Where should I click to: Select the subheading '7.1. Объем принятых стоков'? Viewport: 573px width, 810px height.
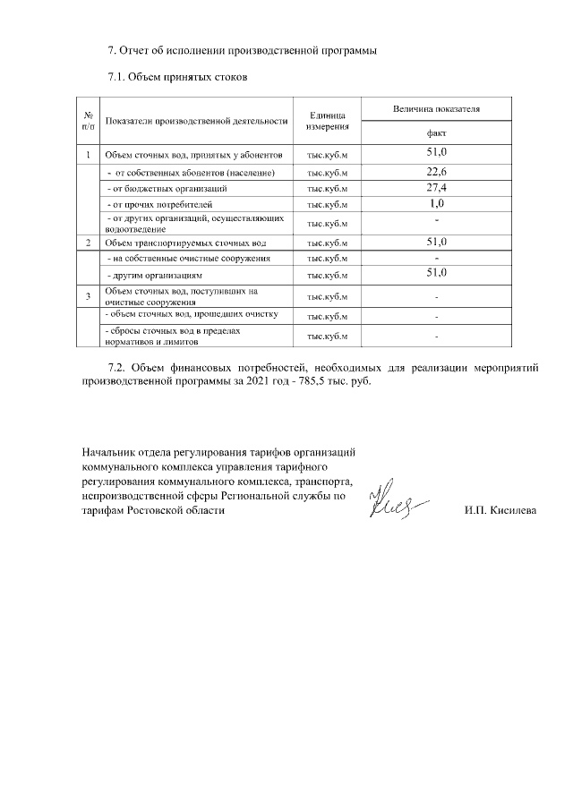click(x=176, y=77)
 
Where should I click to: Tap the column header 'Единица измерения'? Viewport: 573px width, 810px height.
click(x=328, y=121)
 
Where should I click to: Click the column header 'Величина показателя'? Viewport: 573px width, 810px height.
click(x=436, y=108)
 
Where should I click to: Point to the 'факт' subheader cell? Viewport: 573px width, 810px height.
click(x=436, y=132)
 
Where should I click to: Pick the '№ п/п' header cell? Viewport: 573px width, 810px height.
click(x=90, y=121)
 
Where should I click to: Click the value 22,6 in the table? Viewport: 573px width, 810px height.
click(x=436, y=171)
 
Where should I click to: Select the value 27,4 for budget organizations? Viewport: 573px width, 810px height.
click(x=436, y=188)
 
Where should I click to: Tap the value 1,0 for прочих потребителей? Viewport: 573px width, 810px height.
click(x=436, y=204)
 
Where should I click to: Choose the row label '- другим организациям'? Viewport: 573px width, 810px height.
click(x=156, y=275)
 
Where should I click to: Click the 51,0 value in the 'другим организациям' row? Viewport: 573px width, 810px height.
click(x=436, y=273)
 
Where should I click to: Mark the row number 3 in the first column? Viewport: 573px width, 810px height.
click(x=89, y=296)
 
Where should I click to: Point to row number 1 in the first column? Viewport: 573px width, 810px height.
click(x=89, y=154)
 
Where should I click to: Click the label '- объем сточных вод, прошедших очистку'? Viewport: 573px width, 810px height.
click(x=192, y=315)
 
